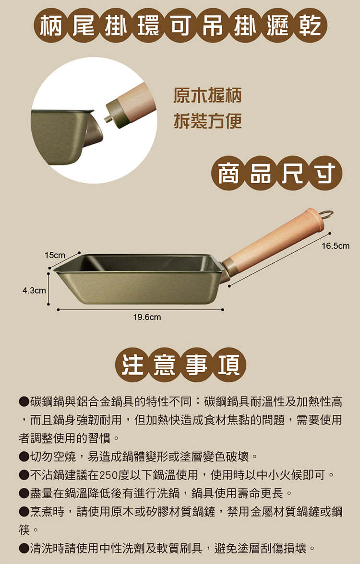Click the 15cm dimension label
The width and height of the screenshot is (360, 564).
55,255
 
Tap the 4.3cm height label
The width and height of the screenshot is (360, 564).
34,290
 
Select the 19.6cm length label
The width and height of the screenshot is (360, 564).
147,317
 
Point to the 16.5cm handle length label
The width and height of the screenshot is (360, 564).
336,246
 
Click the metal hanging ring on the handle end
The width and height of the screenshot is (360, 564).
327,215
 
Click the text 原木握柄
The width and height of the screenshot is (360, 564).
207,95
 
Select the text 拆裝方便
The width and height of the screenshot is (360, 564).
207,120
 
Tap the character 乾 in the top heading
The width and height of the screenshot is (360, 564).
310,25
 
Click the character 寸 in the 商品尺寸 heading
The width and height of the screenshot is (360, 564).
324,174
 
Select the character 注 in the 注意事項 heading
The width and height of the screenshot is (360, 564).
132,364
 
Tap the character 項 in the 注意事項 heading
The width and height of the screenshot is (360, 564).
229,364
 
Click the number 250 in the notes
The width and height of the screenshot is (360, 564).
108,475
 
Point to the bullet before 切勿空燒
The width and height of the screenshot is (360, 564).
24,457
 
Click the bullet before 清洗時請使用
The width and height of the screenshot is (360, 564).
24,549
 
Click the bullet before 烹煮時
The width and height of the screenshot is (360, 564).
24,512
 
